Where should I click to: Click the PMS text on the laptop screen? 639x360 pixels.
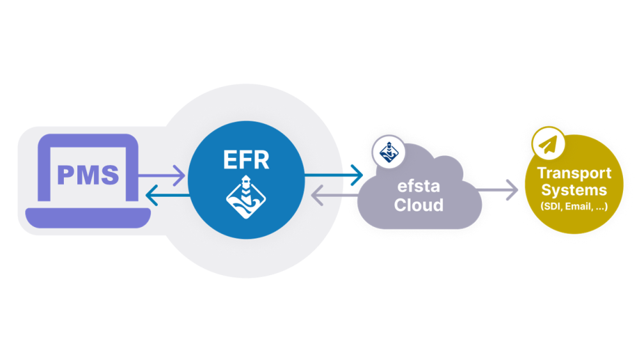click(x=88, y=175)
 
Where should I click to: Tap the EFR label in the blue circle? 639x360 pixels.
click(x=247, y=160)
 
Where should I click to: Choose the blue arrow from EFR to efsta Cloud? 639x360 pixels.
click(x=333, y=174)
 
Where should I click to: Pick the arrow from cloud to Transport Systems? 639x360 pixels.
click(x=497, y=189)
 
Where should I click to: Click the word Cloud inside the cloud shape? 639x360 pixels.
click(x=419, y=205)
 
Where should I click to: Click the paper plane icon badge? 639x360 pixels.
click(x=548, y=145)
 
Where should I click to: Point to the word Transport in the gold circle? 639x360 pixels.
click(x=574, y=173)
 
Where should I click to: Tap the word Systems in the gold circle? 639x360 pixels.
click(x=574, y=190)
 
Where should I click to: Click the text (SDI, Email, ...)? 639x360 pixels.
click(x=574, y=207)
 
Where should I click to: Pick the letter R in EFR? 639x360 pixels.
click(x=263, y=160)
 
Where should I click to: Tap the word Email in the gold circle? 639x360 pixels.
click(x=577, y=207)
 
